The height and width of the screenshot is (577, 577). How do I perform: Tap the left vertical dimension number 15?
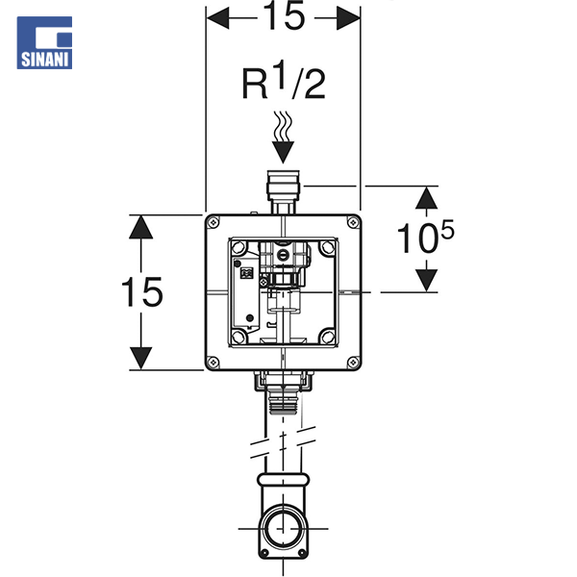141,291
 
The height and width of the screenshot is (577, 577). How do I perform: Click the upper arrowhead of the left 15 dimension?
141,225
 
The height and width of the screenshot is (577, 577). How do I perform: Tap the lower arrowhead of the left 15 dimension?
141,358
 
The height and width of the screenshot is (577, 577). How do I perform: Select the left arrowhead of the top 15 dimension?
217,16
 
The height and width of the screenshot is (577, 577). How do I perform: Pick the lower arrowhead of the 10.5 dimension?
426,280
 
